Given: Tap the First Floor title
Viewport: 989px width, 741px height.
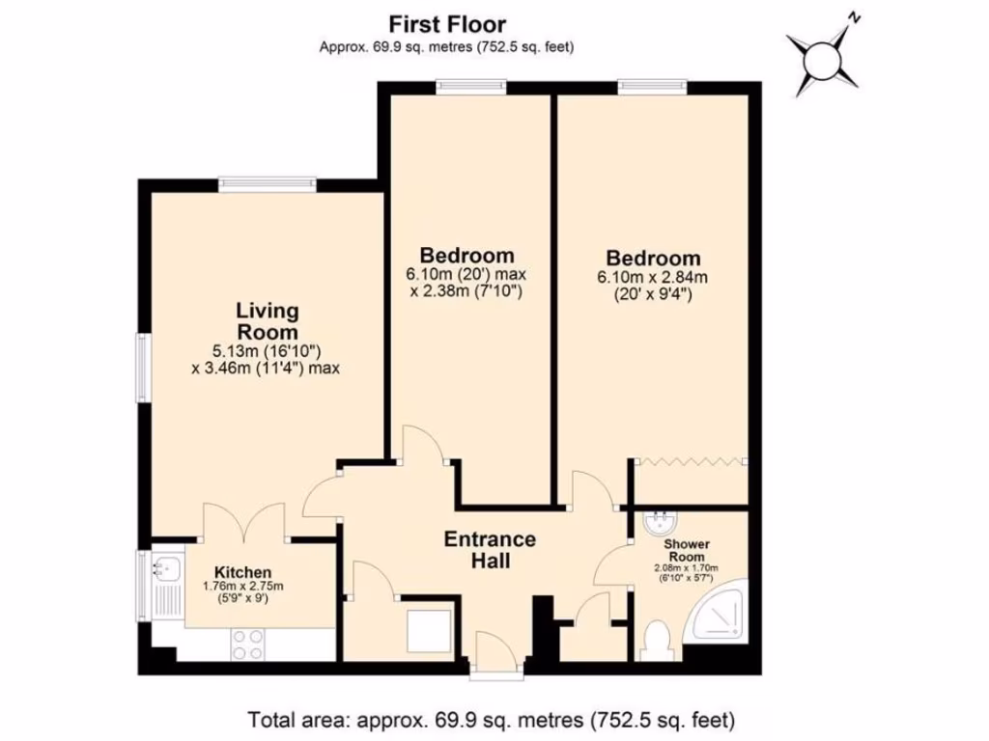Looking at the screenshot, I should point(446,24).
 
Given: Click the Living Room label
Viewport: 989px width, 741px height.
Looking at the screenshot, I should point(268,321).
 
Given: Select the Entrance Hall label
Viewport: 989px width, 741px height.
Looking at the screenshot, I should point(490,549).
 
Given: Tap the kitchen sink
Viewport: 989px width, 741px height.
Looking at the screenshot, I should point(164,569).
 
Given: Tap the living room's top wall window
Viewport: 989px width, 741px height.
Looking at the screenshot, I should point(268,183).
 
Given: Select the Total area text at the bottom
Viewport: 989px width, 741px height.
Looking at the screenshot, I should point(493,719).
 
